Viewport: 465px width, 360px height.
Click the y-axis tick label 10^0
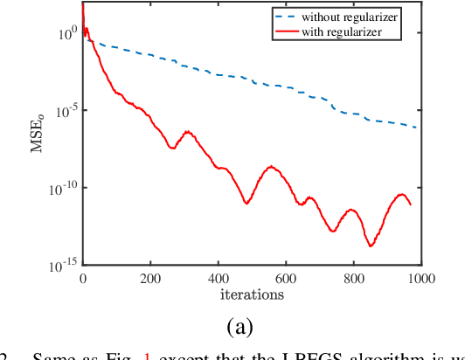pos(66,34)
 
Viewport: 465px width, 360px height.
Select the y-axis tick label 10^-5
pos(65,110)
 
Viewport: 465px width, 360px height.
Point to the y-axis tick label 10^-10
pos(63,186)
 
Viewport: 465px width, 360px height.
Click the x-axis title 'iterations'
pos(252,294)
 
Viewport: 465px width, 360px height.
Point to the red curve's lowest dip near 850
pos(370,246)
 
